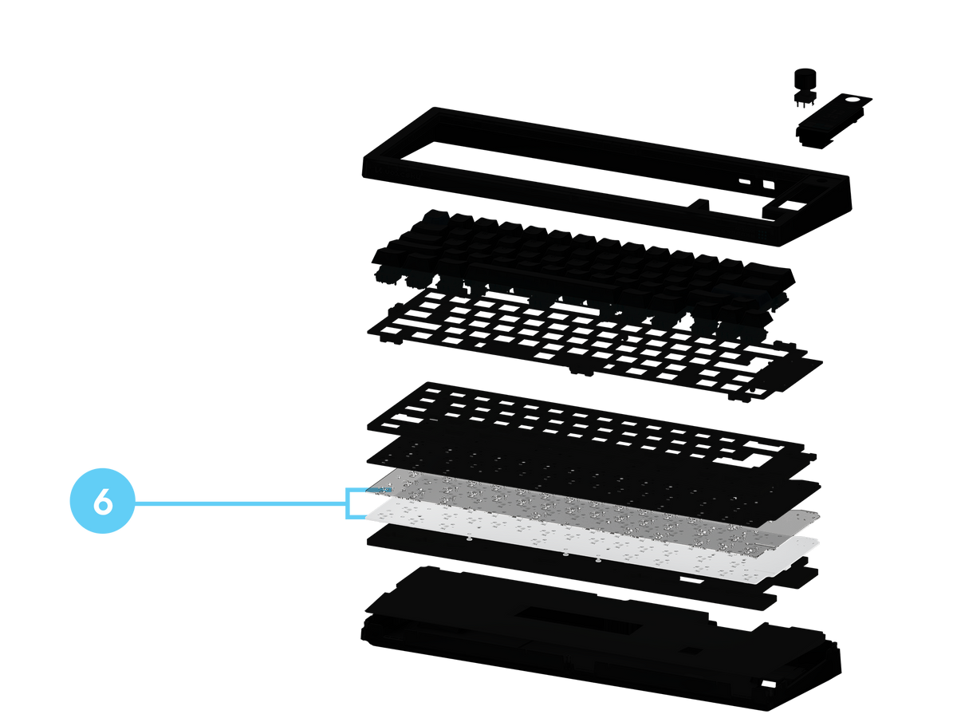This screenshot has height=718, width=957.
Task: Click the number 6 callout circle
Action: pos(102,501)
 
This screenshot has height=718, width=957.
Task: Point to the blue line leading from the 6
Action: pos(241,503)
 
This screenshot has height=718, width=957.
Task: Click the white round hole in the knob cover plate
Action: pos(856,101)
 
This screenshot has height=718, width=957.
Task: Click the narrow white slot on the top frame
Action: pos(745,181)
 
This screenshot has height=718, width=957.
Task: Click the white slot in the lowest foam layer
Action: pos(692,579)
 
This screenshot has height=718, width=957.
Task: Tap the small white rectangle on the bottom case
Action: pos(768,684)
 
